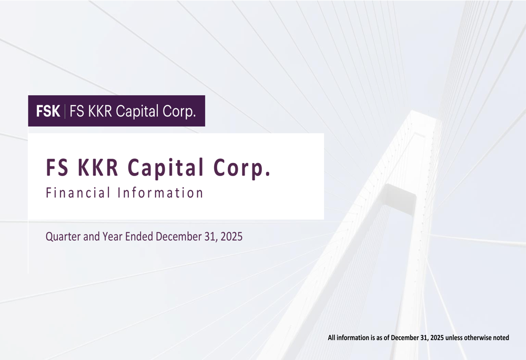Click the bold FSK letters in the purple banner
(47, 111)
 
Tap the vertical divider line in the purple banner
(65, 111)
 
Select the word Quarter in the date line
(63, 236)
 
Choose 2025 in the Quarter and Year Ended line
(231, 236)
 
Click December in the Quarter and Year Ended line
(178, 236)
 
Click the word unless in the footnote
(454, 337)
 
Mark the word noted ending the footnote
(501, 337)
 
